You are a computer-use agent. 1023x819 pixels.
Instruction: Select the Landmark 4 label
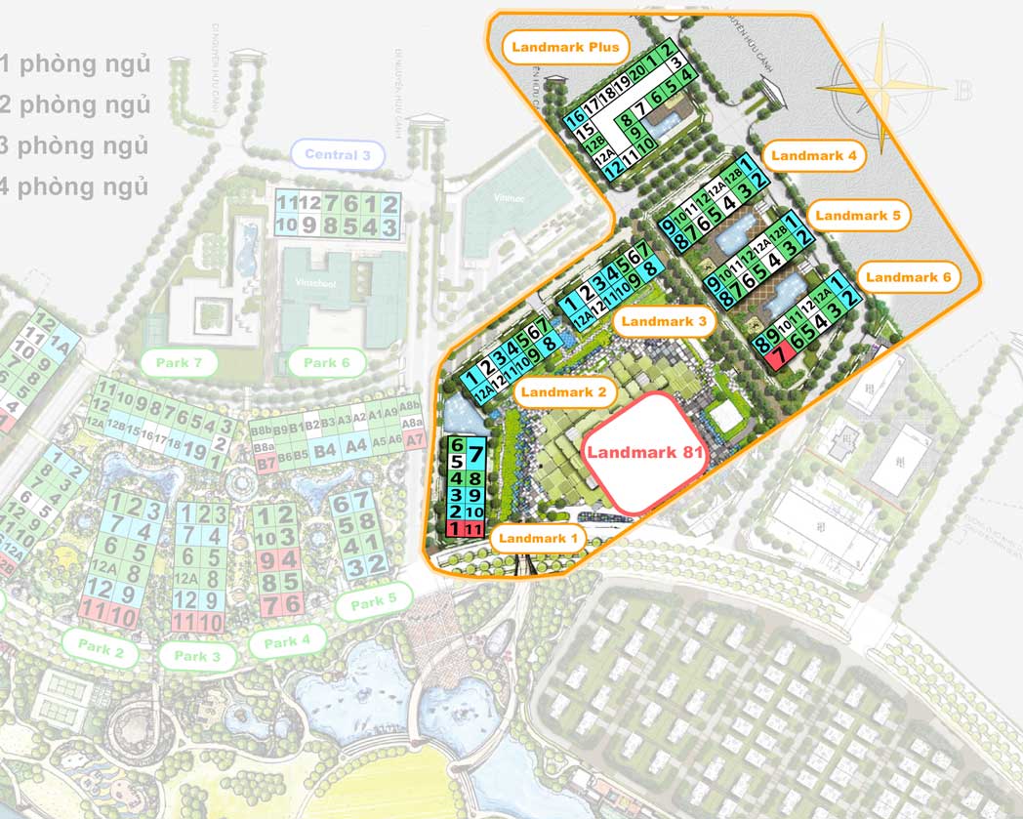pyautogui.click(x=812, y=155)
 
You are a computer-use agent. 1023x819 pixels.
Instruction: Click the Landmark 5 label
pyautogui.click(x=858, y=216)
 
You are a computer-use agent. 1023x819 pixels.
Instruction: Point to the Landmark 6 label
pyautogui.click(x=908, y=277)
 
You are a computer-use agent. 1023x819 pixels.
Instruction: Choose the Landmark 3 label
pyautogui.click(x=663, y=320)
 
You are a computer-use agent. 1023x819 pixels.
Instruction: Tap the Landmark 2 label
pyautogui.click(x=563, y=392)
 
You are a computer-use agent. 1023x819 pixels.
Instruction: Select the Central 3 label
pyautogui.click(x=338, y=154)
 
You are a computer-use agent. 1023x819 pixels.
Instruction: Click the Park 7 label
pyautogui.click(x=185, y=363)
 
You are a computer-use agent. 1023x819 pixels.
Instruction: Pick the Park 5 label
pyautogui.click(x=367, y=601)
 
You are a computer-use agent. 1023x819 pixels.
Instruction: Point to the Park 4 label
pyautogui.click(x=287, y=642)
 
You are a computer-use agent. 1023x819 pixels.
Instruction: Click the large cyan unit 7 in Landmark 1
pyautogui.click(x=473, y=454)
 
